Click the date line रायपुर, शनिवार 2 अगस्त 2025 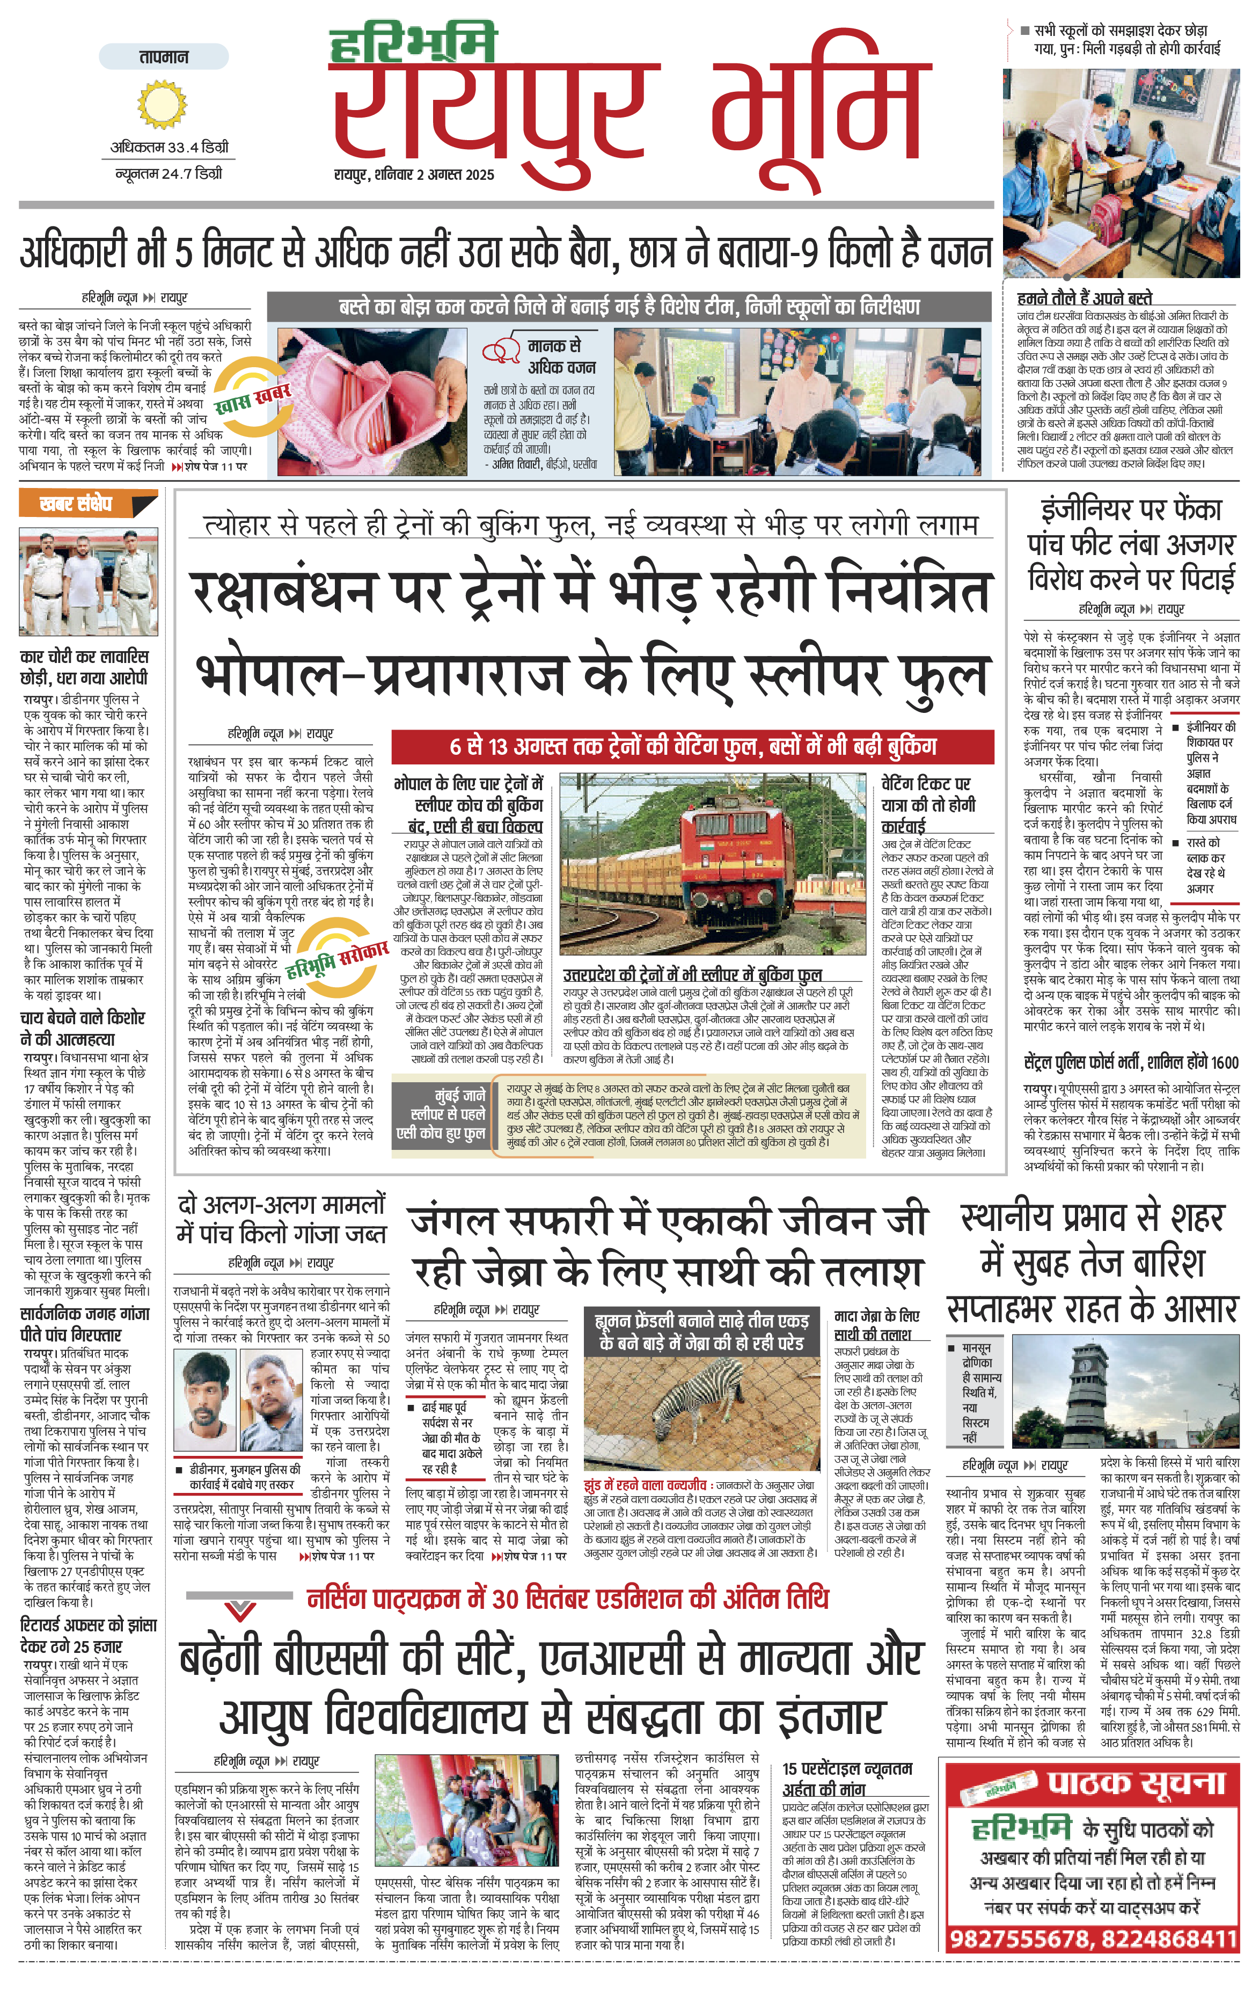(x=414, y=175)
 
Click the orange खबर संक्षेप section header (x=76, y=504)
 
